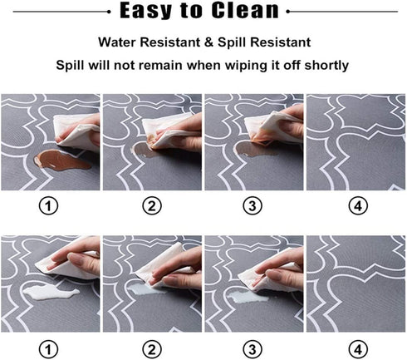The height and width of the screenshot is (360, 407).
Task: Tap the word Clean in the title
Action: [x=245, y=10]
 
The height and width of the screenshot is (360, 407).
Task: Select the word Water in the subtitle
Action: [x=117, y=42]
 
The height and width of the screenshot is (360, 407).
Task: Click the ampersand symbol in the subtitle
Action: [x=208, y=42]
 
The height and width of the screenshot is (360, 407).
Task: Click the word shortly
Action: [x=326, y=66]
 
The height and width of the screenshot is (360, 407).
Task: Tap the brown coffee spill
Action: [x=61, y=160]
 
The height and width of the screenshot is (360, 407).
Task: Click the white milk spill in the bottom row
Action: [x=51, y=293]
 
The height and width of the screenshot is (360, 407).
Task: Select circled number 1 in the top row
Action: [x=48, y=206]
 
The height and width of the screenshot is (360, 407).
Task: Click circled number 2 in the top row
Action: [x=152, y=206]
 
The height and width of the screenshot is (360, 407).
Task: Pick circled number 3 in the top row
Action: [x=253, y=206]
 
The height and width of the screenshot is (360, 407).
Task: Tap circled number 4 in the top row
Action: [x=358, y=206]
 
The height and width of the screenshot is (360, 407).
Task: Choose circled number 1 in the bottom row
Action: [x=48, y=349]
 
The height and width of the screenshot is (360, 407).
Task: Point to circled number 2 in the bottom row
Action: [x=152, y=349]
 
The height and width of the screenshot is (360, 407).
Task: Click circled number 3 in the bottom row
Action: [x=253, y=349]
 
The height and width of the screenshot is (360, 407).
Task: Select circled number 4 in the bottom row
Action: [x=358, y=349]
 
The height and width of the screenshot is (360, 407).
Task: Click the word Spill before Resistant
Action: [x=232, y=42]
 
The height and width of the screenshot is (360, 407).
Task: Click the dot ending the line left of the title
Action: [x=109, y=12]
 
